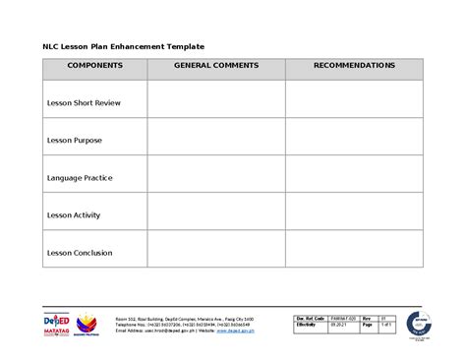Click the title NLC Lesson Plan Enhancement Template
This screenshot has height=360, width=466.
tap(123, 45)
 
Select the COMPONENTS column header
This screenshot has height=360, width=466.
tap(94, 65)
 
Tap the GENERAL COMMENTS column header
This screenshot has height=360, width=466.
tap(215, 65)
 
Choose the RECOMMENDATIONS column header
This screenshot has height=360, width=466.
tap(354, 65)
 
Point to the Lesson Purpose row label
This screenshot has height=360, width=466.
tap(75, 140)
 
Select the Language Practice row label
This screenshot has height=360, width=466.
tap(80, 178)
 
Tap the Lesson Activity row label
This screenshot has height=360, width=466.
tap(76, 215)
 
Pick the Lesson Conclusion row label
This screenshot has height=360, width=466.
tap(80, 253)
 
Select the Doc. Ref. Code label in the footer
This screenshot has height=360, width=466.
tap(311, 318)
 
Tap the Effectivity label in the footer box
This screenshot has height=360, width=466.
tap(308, 324)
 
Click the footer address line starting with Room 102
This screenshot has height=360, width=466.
tap(184, 319)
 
